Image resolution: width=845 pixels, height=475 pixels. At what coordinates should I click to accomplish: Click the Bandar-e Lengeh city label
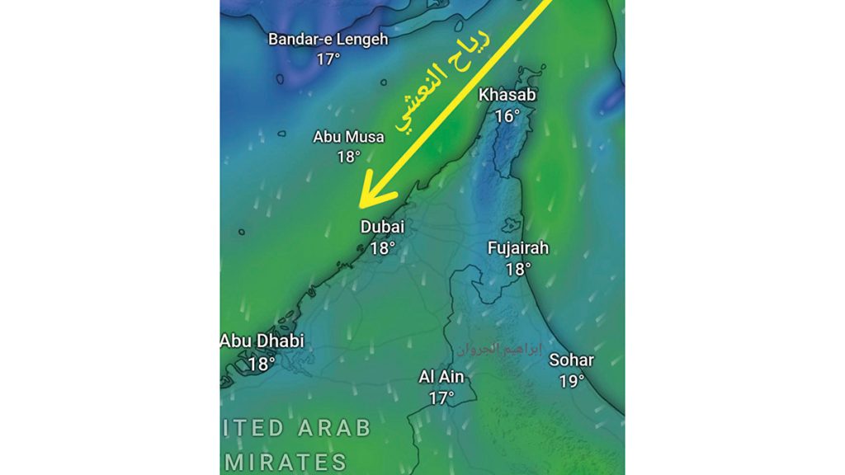click(x=328, y=40)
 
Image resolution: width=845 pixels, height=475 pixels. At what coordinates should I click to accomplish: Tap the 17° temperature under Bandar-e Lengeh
click(x=328, y=59)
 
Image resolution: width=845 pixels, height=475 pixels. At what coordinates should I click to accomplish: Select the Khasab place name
click(x=507, y=96)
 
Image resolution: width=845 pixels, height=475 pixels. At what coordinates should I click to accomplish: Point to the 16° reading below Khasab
click(x=507, y=116)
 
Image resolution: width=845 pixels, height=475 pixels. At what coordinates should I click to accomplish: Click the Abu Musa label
click(x=348, y=137)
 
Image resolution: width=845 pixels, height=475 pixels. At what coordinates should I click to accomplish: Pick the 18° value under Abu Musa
click(x=348, y=157)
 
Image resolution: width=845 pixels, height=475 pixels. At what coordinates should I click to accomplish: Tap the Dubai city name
click(x=383, y=228)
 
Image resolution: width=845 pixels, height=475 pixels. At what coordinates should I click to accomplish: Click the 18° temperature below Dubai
click(x=383, y=247)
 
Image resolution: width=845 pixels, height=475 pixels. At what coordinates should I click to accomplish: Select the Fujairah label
click(x=517, y=248)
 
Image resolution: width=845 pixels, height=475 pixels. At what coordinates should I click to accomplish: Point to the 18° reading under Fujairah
click(x=517, y=269)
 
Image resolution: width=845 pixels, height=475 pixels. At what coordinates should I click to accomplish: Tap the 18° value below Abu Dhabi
click(x=261, y=362)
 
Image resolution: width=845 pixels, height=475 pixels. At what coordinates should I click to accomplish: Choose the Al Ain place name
click(x=441, y=378)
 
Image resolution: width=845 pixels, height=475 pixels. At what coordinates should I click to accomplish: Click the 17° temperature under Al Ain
click(x=441, y=398)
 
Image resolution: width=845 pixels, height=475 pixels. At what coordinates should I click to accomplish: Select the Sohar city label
click(x=571, y=360)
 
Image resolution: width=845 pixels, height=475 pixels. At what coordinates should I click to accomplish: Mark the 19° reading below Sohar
click(x=571, y=381)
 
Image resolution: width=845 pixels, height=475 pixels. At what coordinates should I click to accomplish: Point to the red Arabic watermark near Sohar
click(x=501, y=349)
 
